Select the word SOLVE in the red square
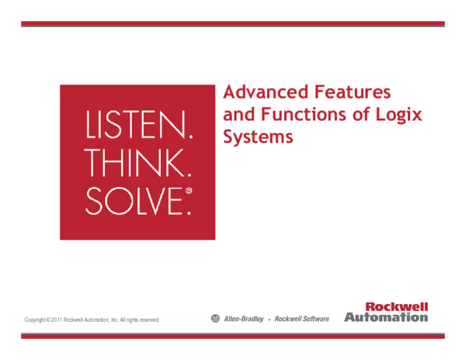pos(132,199)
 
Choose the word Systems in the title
pos(258,137)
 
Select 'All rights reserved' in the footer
pos(140,320)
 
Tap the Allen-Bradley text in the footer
pos(243,319)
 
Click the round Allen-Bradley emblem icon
pos(215,318)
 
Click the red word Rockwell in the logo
pos(396,307)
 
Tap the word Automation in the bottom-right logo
pos(386,317)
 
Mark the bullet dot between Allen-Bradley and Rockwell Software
pos(270,319)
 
